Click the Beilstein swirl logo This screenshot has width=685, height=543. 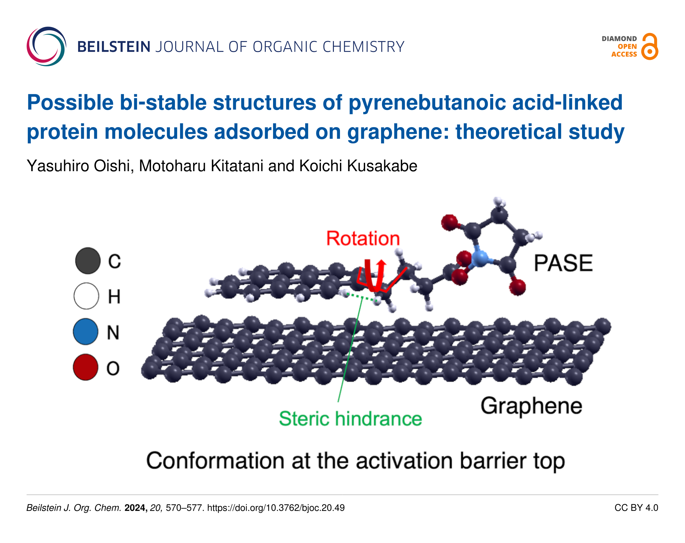point(47,47)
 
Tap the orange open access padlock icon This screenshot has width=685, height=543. point(650,47)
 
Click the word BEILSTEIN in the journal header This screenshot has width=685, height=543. point(114,47)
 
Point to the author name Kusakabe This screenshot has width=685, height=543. point(382,166)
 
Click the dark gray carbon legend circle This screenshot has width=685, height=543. point(88,261)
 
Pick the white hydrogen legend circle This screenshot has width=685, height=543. point(86,296)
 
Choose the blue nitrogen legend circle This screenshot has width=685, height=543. point(86,332)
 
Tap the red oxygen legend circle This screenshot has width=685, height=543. point(86,367)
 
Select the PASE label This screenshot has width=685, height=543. point(563,263)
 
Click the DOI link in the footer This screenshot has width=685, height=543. point(276,508)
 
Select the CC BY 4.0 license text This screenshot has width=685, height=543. point(636,508)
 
